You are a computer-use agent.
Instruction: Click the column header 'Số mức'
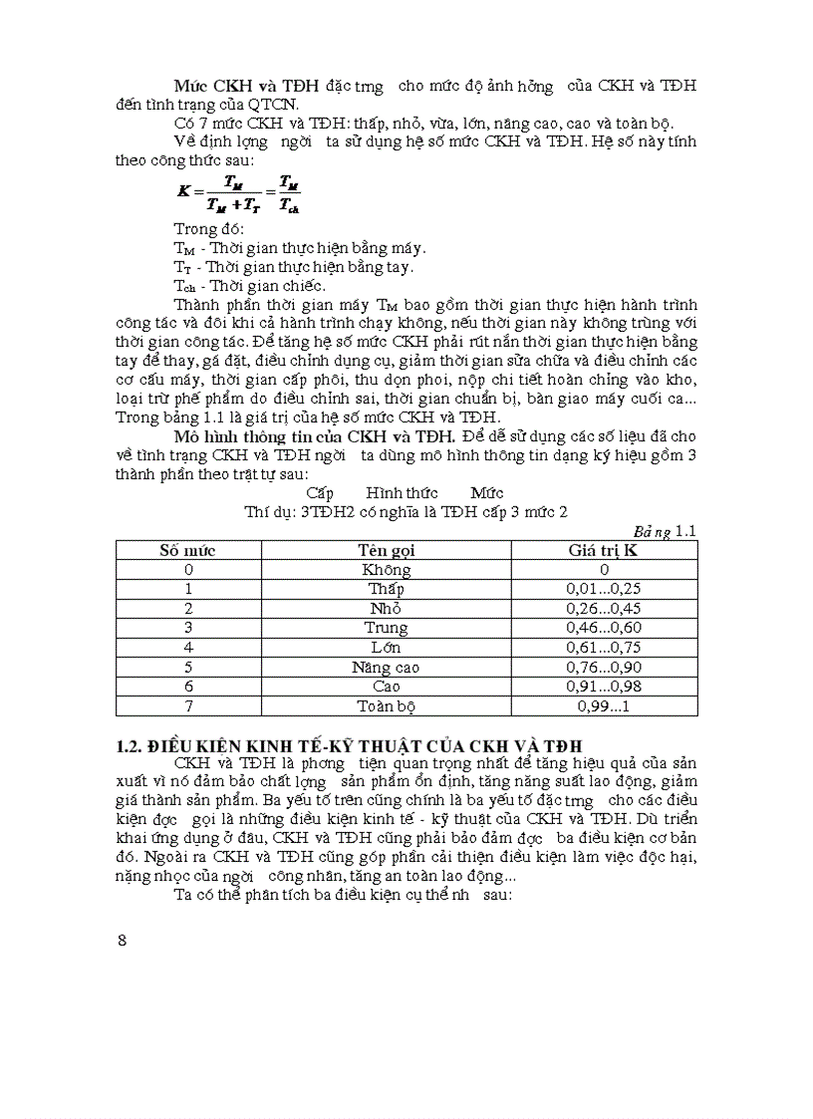tap(188, 550)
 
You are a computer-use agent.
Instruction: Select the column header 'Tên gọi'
tap(387, 550)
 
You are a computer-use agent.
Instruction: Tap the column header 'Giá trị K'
tap(604, 550)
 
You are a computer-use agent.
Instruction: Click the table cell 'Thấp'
tap(387, 589)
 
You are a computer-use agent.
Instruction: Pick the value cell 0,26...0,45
tap(604, 609)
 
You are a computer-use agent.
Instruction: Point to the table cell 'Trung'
tap(387, 628)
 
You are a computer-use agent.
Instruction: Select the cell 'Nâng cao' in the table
tap(387, 668)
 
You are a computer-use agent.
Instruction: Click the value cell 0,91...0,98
tap(604, 687)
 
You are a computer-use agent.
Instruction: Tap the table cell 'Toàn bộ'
tap(387, 706)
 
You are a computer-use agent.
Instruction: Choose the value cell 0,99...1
tap(604, 706)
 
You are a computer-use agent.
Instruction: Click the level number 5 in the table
tap(188, 668)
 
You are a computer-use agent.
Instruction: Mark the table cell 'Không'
tap(387, 570)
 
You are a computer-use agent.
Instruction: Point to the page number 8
tap(123, 941)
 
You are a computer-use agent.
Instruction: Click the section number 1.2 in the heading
tap(130, 745)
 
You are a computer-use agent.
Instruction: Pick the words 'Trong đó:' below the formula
tap(202, 229)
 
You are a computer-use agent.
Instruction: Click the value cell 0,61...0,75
tap(604, 648)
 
